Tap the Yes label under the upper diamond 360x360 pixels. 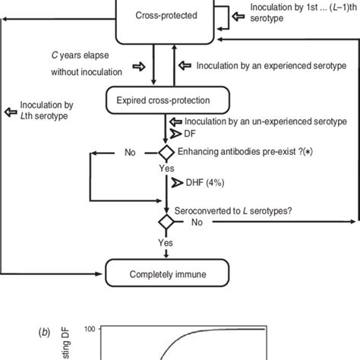click(164, 169)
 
